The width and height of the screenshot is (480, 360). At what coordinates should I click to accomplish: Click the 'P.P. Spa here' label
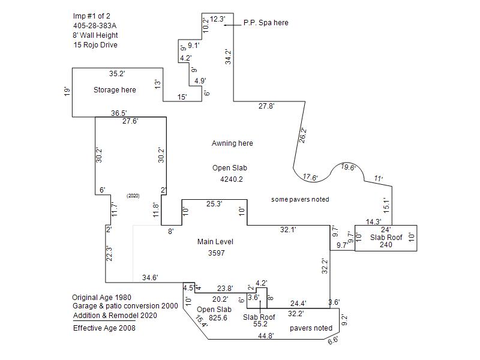(266, 23)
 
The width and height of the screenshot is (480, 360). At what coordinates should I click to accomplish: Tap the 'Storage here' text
(115, 90)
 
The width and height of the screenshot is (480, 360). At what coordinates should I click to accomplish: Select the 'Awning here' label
(232, 143)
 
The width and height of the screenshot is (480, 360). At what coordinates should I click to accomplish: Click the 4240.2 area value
(232, 179)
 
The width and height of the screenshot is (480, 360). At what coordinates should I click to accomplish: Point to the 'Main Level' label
(215, 242)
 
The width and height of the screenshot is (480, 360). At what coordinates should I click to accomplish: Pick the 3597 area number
(217, 253)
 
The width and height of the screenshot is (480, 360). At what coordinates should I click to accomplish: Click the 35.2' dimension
(117, 74)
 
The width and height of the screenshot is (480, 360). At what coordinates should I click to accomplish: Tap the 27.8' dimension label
(266, 106)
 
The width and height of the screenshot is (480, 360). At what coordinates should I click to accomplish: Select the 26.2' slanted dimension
(302, 136)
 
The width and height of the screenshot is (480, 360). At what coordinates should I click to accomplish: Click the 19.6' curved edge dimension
(349, 167)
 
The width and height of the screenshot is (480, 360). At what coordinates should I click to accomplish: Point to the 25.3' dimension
(214, 204)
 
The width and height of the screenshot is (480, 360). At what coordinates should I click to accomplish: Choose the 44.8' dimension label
(266, 336)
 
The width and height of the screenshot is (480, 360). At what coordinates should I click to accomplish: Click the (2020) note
(133, 196)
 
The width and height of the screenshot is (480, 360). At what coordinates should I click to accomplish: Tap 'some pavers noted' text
(300, 200)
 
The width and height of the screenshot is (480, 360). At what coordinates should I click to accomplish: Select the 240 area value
(386, 245)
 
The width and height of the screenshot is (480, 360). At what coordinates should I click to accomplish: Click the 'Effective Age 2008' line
(104, 328)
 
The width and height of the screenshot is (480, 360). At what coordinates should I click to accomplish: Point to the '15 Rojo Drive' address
(95, 45)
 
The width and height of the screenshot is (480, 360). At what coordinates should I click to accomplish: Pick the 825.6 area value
(218, 318)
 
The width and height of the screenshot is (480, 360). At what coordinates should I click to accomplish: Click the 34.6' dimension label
(150, 278)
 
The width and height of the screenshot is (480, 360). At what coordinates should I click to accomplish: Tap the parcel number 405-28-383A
(95, 26)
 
